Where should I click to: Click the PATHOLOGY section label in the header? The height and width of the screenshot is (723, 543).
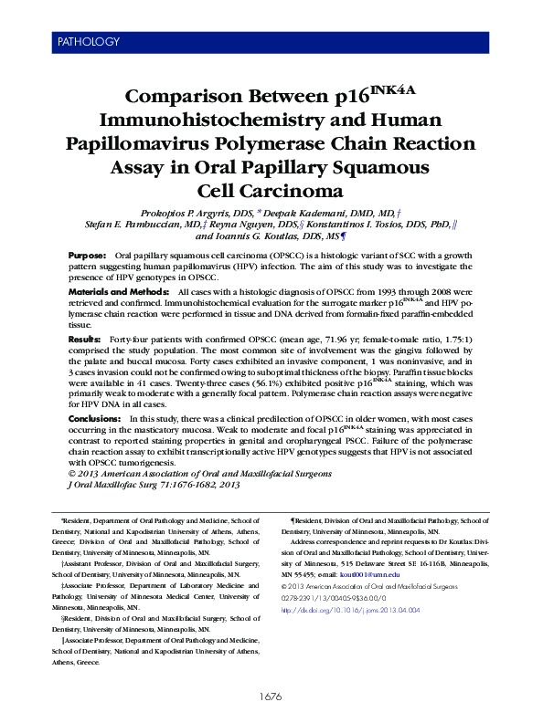click(88, 42)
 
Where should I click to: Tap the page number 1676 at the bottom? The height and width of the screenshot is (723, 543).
click(271, 697)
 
